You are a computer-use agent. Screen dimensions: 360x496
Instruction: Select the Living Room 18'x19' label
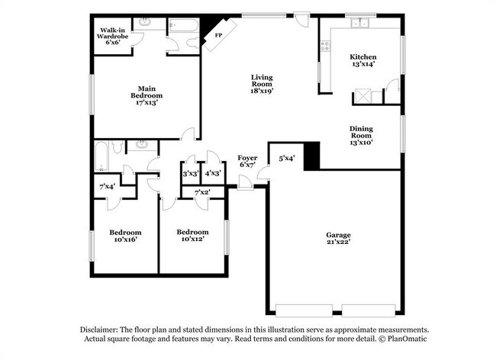[x=262, y=84]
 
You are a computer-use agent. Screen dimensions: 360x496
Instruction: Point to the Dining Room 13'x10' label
[x=361, y=135]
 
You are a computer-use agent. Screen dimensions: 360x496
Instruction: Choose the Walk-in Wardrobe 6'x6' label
[x=111, y=35]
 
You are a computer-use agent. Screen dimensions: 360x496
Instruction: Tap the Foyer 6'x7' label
[x=247, y=161]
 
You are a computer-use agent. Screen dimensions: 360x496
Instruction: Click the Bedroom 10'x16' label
[x=125, y=236]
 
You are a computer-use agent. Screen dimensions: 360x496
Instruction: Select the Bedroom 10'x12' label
[x=192, y=236]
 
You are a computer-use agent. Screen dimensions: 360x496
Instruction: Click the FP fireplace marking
[x=217, y=35]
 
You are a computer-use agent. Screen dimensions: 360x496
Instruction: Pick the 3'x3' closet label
[x=189, y=174]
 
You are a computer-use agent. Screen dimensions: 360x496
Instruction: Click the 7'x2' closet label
[x=202, y=191]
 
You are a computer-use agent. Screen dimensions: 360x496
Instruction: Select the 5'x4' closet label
[x=286, y=158]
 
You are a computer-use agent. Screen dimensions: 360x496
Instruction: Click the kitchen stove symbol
[x=325, y=45]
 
